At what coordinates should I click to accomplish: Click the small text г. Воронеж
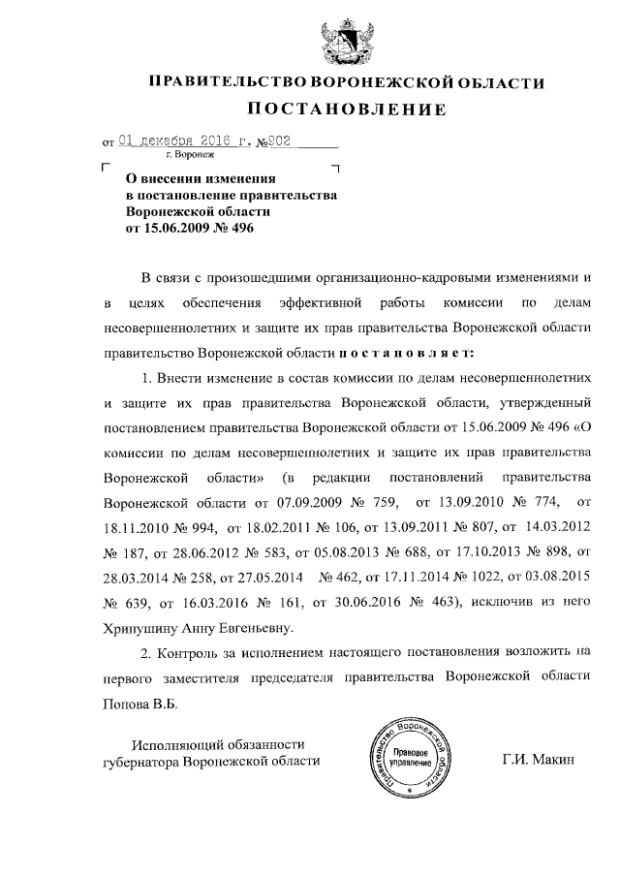coord(191,155)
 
